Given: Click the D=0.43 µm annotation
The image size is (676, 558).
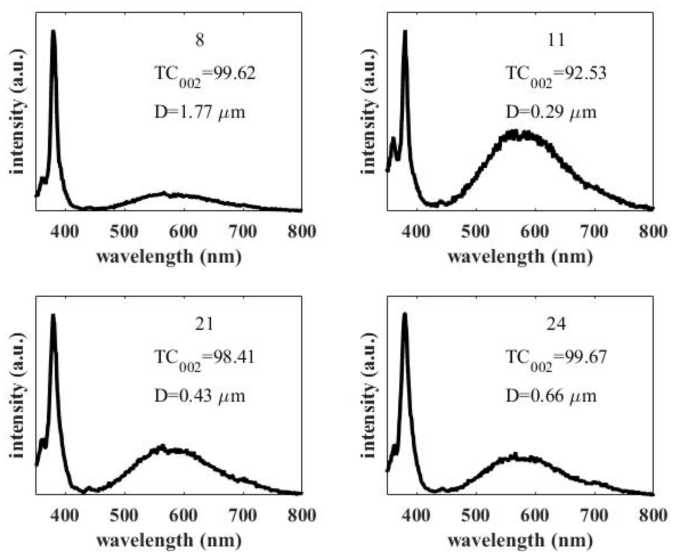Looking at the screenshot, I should pos(200,396).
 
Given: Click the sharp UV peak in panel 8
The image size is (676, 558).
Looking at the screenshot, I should pos(53,32).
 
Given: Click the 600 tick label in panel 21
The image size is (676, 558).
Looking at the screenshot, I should pos(183,515).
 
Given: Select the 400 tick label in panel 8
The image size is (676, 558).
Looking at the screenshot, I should pos(65,231).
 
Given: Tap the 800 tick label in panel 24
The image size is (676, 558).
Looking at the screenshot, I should pos(653,515).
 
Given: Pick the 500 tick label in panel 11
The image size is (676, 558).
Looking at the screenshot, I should pos(475,231).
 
